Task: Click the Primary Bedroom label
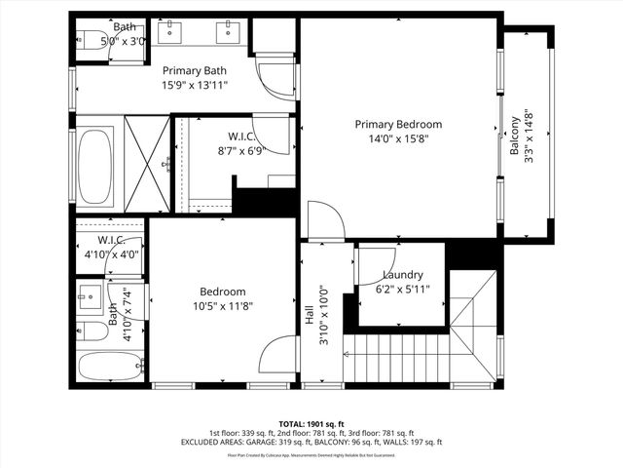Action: tap(398, 124)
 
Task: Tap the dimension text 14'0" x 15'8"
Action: tap(398, 138)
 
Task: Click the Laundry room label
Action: tap(402, 275)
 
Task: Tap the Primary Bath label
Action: tap(194, 70)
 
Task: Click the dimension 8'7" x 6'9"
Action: tap(241, 151)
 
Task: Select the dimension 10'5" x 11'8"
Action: tap(223, 306)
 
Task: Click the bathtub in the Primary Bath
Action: tap(96, 165)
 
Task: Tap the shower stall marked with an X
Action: tap(147, 163)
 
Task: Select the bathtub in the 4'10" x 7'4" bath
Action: tap(108, 368)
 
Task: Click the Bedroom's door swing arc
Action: tap(278, 354)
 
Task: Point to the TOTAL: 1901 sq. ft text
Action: tap(311, 424)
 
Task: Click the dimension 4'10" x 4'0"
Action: tap(112, 254)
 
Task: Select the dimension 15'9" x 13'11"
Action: tap(194, 85)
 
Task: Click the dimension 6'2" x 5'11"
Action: tap(402, 290)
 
